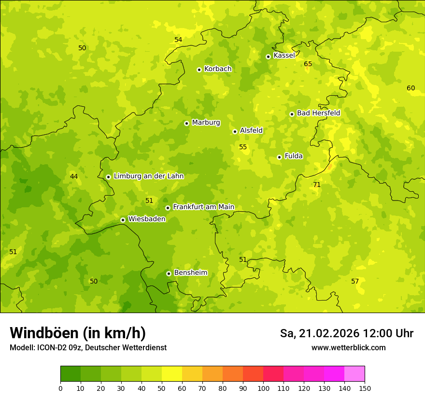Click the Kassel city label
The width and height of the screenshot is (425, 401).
click(284, 56)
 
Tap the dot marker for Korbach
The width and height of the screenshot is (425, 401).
click(199, 70)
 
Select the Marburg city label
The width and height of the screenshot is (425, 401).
click(206, 123)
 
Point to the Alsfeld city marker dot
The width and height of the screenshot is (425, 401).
click(235, 131)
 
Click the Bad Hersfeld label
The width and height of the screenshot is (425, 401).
click(318, 113)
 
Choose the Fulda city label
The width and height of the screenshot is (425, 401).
click(294, 156)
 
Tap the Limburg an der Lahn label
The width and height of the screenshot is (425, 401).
click(149, 176)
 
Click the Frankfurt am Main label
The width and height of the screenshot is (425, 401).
click(203, 207)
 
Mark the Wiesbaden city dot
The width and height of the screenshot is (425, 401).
click(123, 220)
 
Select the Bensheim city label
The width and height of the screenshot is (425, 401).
click(190, 273)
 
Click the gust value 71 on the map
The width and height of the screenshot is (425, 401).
click(317, 185)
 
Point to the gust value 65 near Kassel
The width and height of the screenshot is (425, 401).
click(308, 64)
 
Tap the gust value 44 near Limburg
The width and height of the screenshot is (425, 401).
click(74, 177)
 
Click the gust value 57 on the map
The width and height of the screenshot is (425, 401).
click(355, 282)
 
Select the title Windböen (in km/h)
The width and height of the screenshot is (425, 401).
click(77, 333)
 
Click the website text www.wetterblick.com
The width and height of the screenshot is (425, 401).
click(348, 348)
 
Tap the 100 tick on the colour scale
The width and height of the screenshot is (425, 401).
click(263, 388)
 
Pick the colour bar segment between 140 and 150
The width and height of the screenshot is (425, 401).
click(354, 374)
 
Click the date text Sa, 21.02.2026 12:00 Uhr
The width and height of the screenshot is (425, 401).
click(346, 333)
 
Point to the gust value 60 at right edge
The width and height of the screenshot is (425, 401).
click(411, 88)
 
